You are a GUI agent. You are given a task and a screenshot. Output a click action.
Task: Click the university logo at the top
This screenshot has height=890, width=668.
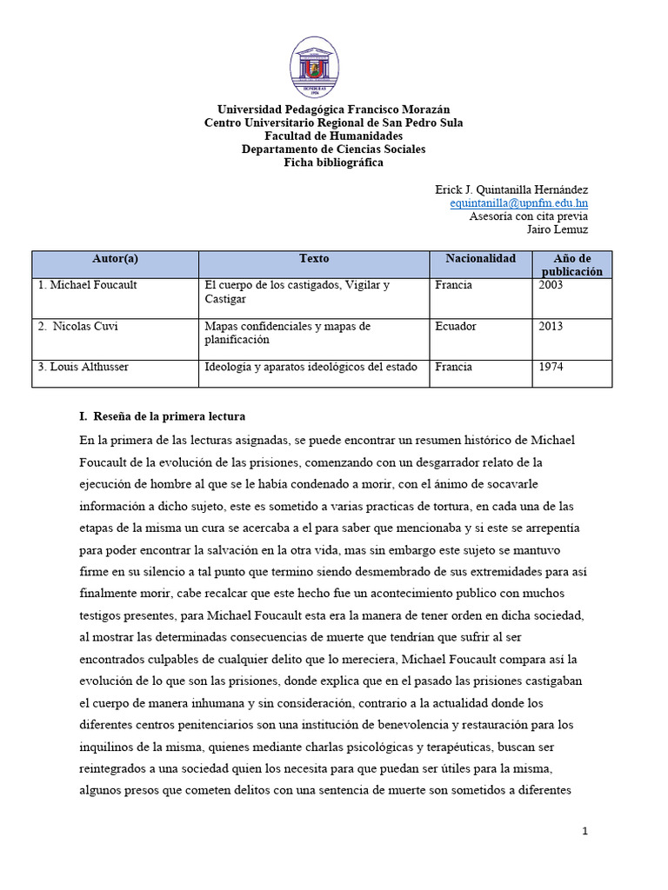(315, 68)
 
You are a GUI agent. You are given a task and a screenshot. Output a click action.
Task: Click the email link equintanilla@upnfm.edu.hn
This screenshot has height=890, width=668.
(518, 203)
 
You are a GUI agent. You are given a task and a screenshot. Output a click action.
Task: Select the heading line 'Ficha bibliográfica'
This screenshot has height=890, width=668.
(333, 163)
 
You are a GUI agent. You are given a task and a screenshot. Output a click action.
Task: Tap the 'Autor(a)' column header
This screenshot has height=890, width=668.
(115, 259)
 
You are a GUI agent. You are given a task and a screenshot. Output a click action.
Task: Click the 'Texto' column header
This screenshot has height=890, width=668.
(314, 259)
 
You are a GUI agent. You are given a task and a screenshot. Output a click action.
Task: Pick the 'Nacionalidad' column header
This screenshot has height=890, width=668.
(480, 259)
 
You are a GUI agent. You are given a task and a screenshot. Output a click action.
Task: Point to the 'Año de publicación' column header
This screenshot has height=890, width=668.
(571, 265)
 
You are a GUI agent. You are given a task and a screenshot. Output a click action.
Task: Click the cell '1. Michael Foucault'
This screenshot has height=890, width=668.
(87, 285)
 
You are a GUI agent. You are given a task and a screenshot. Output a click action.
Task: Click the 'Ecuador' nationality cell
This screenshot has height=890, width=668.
(457, 327)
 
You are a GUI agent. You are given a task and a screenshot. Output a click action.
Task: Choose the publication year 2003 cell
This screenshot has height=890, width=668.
(551, 285)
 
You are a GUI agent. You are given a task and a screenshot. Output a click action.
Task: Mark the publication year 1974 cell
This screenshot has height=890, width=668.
(551, 367)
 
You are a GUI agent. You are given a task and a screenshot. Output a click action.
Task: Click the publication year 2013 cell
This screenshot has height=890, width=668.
(551, 327)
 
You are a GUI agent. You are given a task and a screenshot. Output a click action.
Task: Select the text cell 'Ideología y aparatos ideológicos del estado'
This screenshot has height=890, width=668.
(311, 367)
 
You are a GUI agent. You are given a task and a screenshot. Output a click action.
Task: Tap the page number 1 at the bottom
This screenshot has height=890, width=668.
(585, 831)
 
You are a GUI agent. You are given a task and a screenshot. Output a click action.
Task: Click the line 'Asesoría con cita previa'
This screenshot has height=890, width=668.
(528, 216)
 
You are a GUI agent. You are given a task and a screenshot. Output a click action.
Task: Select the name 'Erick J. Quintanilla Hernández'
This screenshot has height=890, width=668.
(511, 189)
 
